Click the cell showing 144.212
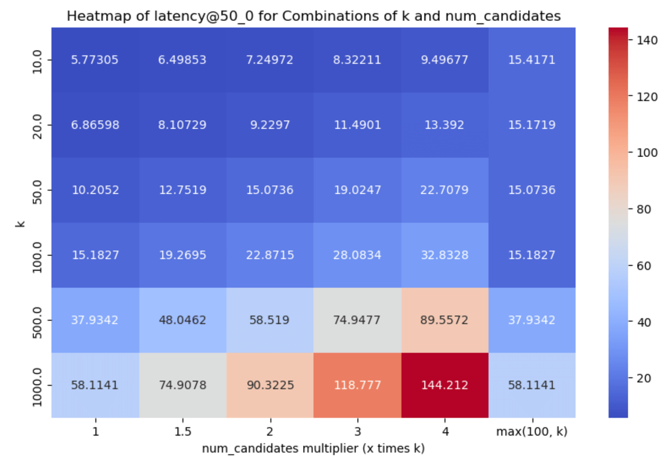tap(445, 385)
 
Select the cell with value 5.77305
tap(95, 60)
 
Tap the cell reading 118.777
tap(357, 385)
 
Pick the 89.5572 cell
tap(445, 320)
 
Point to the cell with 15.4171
tap(532, 60)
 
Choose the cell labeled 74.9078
tap(183, 385)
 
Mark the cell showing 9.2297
tap(270, 125)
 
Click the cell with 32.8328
tap(445, 255)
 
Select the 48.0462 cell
tap(183, 320)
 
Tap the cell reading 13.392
tap(445, 125)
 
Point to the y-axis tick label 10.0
tap(37, 62)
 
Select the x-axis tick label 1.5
tap(183, 432)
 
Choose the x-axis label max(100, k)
tap(532, 432)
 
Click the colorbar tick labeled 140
tap(648, 41)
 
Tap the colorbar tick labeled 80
tap(644, 209)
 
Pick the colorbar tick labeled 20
tap(644, 378)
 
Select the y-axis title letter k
tap(21, 224)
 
